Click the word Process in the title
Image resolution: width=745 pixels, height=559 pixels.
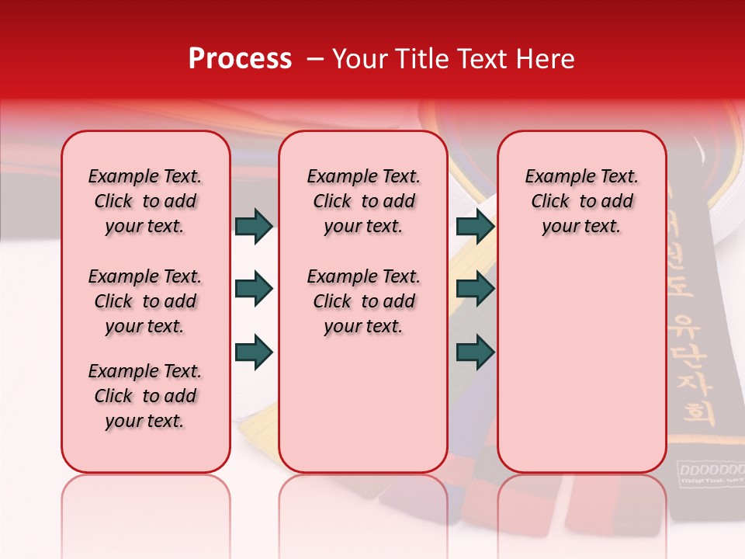[240, 59]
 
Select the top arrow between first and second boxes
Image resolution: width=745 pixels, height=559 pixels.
[254, 226]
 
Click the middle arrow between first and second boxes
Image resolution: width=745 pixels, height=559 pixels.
[254, 290]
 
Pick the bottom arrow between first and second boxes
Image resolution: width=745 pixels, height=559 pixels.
[254, 352]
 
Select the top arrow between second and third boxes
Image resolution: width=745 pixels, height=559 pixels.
[475, 226]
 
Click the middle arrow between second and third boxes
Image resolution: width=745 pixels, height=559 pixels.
[475, 290]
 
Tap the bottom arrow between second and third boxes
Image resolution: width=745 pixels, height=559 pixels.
[475, 352]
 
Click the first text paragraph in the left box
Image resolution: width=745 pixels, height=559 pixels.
[145, 201]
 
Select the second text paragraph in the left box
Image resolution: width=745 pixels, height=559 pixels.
[145, 301]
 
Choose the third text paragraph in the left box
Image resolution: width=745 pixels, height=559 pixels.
[145, 396]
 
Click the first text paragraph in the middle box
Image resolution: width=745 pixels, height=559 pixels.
[363, 201]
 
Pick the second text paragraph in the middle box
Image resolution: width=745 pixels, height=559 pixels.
[363, 301]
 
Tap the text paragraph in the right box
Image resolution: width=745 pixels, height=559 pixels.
[581, 201]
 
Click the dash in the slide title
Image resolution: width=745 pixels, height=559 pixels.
[315, 59]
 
